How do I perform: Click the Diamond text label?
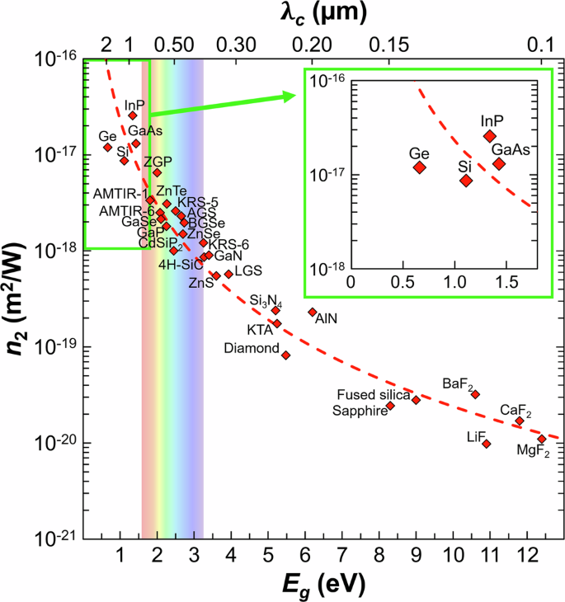click(x=252, y=349)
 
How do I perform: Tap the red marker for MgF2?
click(x=541, y=439)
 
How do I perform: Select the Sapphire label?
click(x=360, y=410)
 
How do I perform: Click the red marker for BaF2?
click(x=475, y=394)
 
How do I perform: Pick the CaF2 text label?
click(x=516, y=410)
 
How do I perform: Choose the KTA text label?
click(x=260, y=330)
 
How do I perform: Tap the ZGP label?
click(x=158, y=161)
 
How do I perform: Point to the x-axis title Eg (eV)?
click(x=326, y=586)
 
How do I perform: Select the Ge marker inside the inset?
click(x=419, y=167)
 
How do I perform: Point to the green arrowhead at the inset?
click(x=289, y=96)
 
